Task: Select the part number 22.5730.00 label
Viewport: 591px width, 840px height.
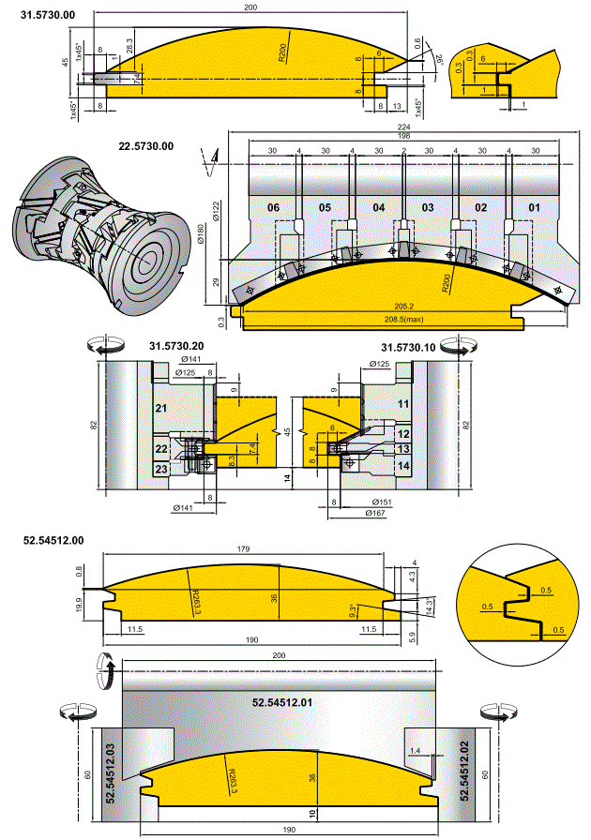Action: coord(145,146)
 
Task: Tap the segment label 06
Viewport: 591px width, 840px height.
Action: coord(274,206)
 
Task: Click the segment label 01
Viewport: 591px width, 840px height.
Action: coord(535,206)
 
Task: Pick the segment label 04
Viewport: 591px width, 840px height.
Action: coord(378,206)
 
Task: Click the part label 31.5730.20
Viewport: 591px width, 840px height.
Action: coord(176,347)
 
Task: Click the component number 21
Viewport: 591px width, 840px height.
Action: coord(160,410)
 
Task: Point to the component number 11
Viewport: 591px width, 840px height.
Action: coord(404,403)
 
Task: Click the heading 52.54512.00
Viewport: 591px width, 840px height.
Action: coord(53,541)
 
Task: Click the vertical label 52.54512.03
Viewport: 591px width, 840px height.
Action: coord(109,769)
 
